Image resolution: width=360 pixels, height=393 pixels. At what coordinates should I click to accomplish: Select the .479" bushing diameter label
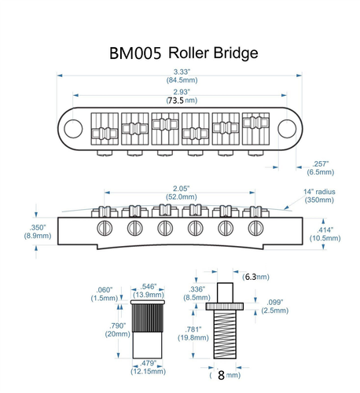(147, 362)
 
